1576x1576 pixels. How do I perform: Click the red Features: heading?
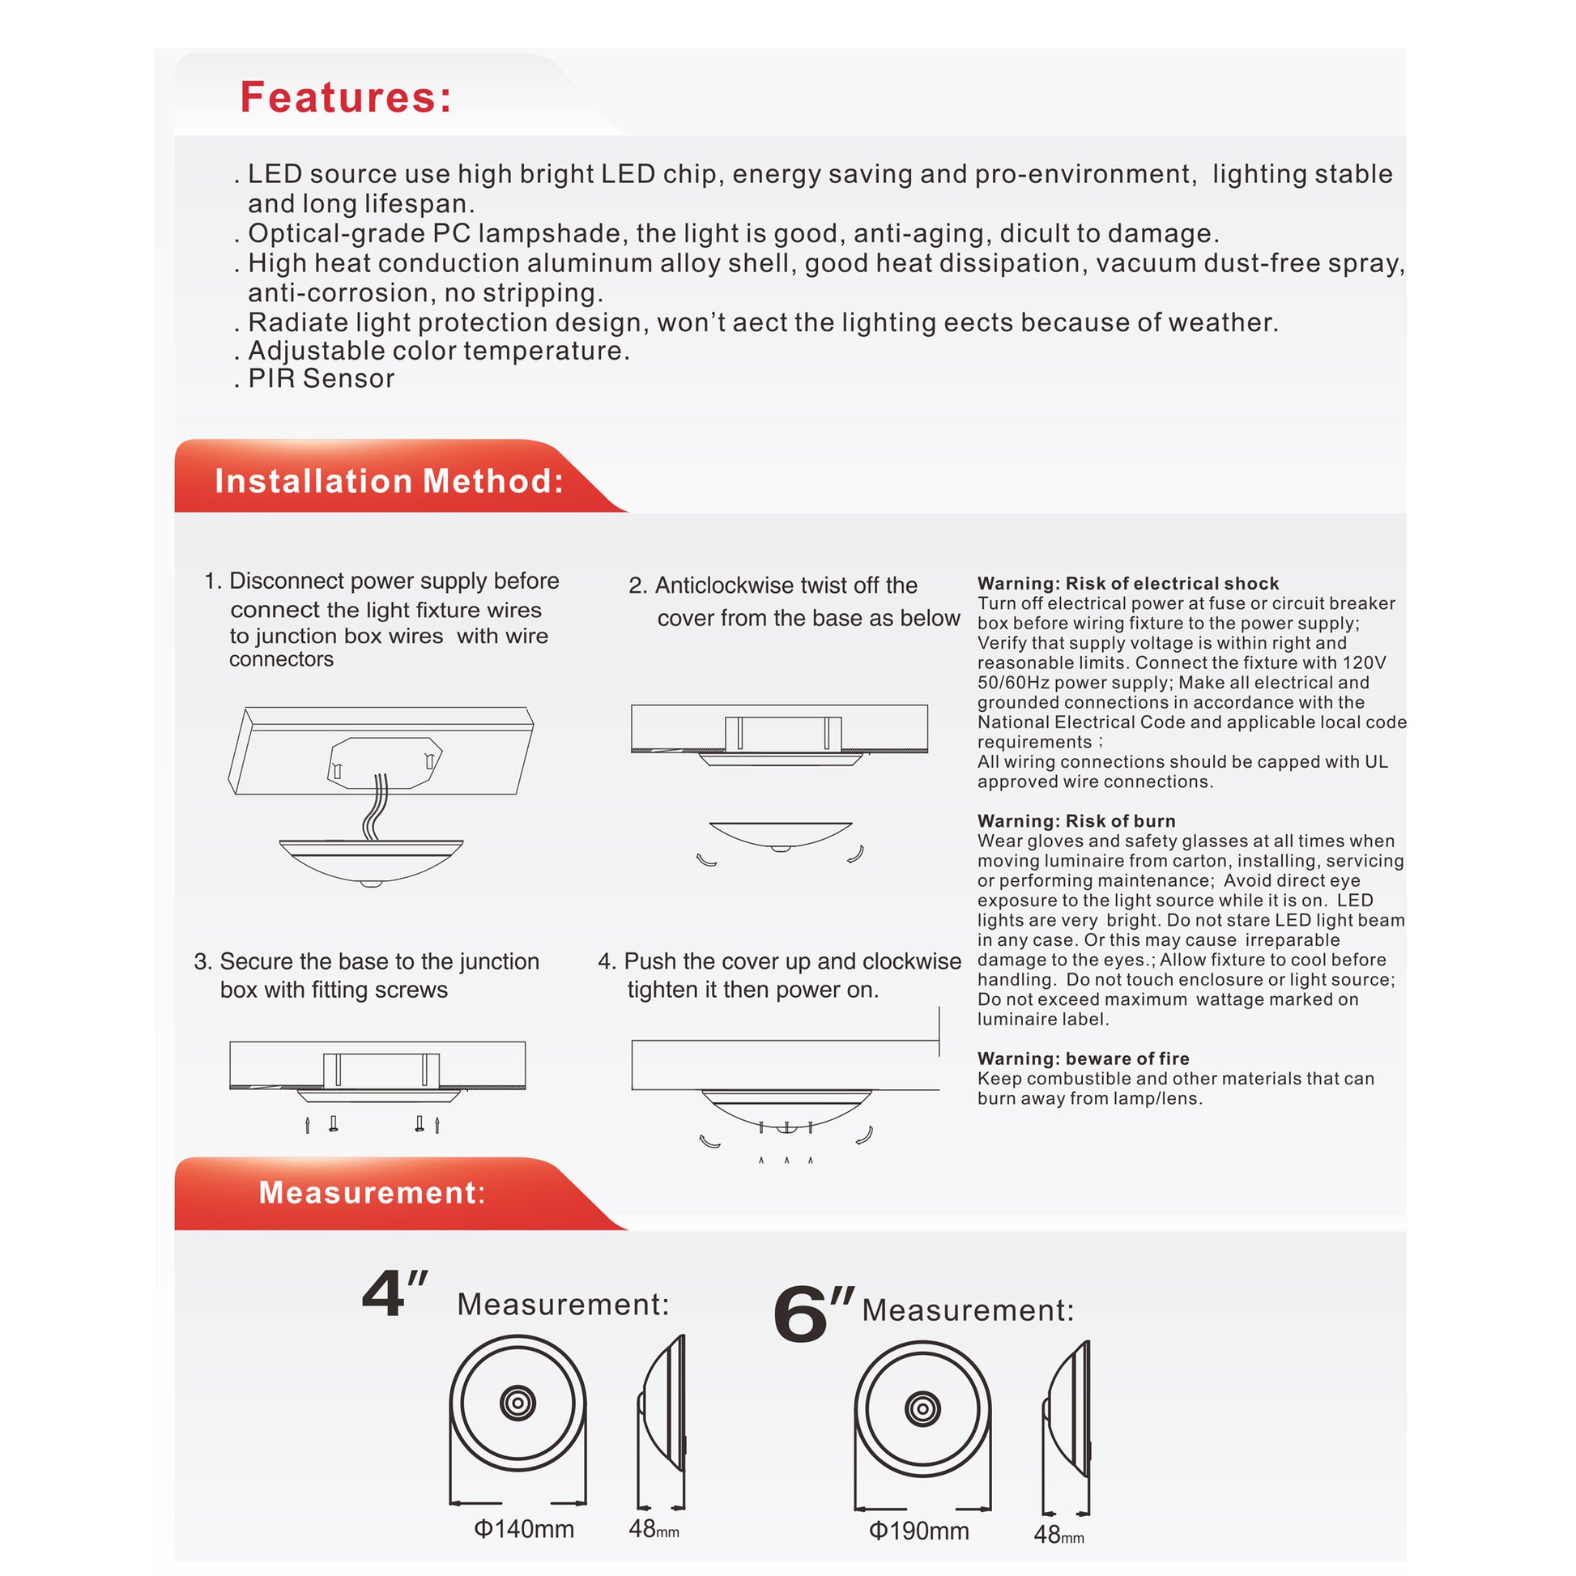(346, 98)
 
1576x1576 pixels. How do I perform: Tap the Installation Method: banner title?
(389, 481)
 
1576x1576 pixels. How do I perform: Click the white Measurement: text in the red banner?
(372, 1193)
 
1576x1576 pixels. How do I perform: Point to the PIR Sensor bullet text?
(321, 378)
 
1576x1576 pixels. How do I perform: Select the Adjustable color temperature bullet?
(438, 351)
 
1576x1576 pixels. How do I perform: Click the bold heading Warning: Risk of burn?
(1076, 820)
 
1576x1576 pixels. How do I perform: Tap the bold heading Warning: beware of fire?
(1084, 1058)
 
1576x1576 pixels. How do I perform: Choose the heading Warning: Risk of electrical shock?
(1128, 583)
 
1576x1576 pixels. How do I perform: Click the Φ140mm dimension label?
(524, 1529)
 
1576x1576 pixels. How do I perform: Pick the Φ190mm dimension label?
(918, 1531)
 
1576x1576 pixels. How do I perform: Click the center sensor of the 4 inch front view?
(518, 1403)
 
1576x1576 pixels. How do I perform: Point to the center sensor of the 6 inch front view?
(922, 1409)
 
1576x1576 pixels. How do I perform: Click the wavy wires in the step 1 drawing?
(376, 807)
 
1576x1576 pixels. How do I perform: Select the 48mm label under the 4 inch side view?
(654, 1529)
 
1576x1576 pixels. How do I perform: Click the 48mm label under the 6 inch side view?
(1058, 1536)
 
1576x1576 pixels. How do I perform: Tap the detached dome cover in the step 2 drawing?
(781, 835)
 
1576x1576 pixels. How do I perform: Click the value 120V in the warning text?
(1364, 662)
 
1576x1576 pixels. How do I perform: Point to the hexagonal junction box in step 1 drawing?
(384, 762)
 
